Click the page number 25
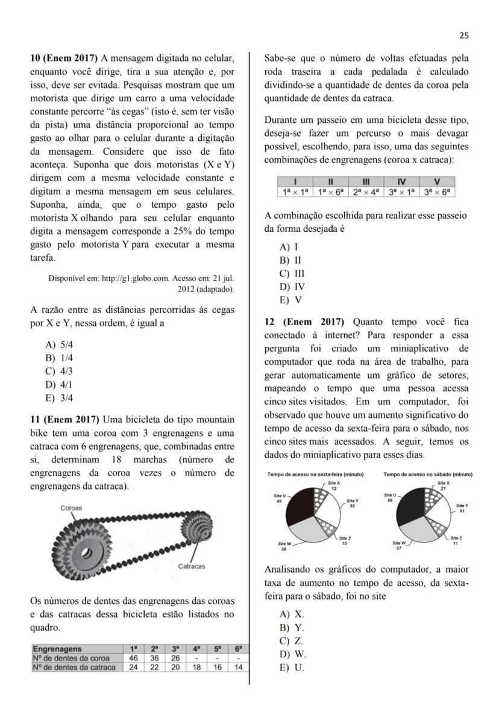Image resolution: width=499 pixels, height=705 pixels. pyautogui.click(x=463, y=36)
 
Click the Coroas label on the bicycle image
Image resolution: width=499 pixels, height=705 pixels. pyautogui.click(x=71, y=508)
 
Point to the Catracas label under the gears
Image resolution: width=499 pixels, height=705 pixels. pyautogui.click(x=192, y=566)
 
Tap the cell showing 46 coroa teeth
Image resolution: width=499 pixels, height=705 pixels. pyautogui.click(x=133, y=658)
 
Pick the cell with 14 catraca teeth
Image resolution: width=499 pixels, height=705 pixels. pyautogui.click(x=239, y=667)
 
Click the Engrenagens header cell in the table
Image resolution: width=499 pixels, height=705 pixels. pyautogui.click(x=57, y=649)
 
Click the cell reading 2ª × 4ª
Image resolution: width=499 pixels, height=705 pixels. pyautogui.click(x=366, y=191)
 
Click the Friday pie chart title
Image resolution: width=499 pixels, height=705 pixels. pyautogui.click(x=315, y=474)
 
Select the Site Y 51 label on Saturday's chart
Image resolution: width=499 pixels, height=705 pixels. pyautogui.click(x=462, y=509)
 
